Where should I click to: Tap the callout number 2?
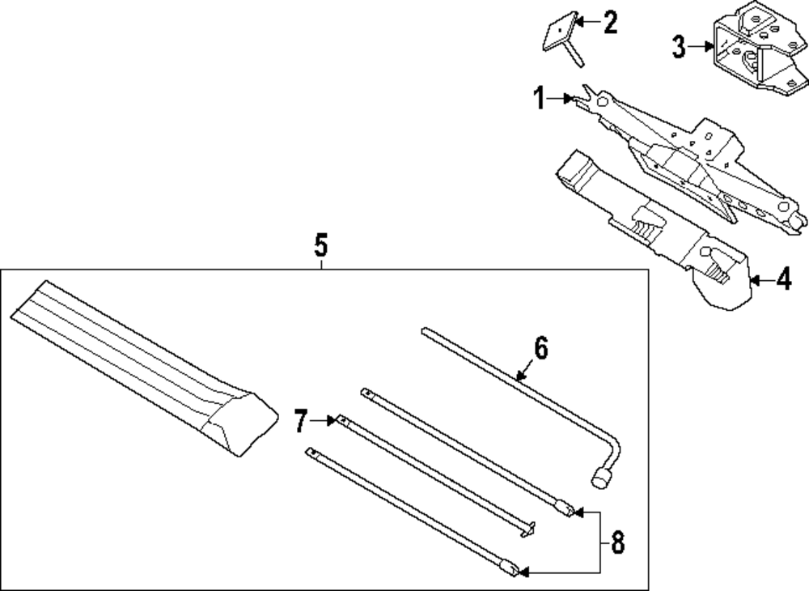coord(608,22)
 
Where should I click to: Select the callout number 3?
coord(678,48)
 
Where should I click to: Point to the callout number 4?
coord(782,281)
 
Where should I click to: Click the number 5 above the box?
coord(321,244)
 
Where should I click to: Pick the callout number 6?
coord(540,348)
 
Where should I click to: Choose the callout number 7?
coord(301,421)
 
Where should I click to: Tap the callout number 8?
coord(617,542)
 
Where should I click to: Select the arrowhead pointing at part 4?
coord(755,281)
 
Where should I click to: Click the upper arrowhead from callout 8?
coord(581,512)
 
